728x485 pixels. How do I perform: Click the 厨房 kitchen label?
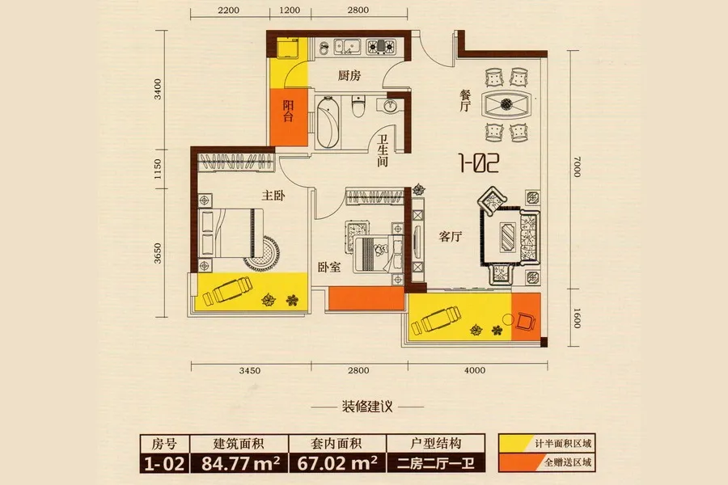coord(349,75)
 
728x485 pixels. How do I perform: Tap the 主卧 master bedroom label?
coord(273,196)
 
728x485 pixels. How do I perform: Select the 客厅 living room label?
coord(451,237)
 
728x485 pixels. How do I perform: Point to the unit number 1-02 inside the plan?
coord(479,163)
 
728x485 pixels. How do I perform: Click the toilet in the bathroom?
coord(358,106)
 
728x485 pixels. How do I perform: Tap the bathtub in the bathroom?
coord(328,122)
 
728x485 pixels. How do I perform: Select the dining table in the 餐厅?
coord(506,103)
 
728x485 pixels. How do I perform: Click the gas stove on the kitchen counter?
coord(381,46)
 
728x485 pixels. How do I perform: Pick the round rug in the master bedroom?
coord(263,253)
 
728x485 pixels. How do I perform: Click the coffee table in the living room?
coord(507,237)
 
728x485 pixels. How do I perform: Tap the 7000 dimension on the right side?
coord(577,167)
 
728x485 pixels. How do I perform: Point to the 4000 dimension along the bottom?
coord(475,370)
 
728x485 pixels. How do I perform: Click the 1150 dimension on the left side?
coord(158,170)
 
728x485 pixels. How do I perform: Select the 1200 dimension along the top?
coord(290,11)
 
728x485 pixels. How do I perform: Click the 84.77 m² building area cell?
coord(239,463)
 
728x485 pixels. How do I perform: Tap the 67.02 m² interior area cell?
coord(336,463)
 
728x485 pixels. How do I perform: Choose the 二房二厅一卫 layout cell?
coord(435,463)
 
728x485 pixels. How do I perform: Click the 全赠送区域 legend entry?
coord(547,462)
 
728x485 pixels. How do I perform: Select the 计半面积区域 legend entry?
coord(547,444)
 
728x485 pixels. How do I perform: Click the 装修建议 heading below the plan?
coord(367,407)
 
